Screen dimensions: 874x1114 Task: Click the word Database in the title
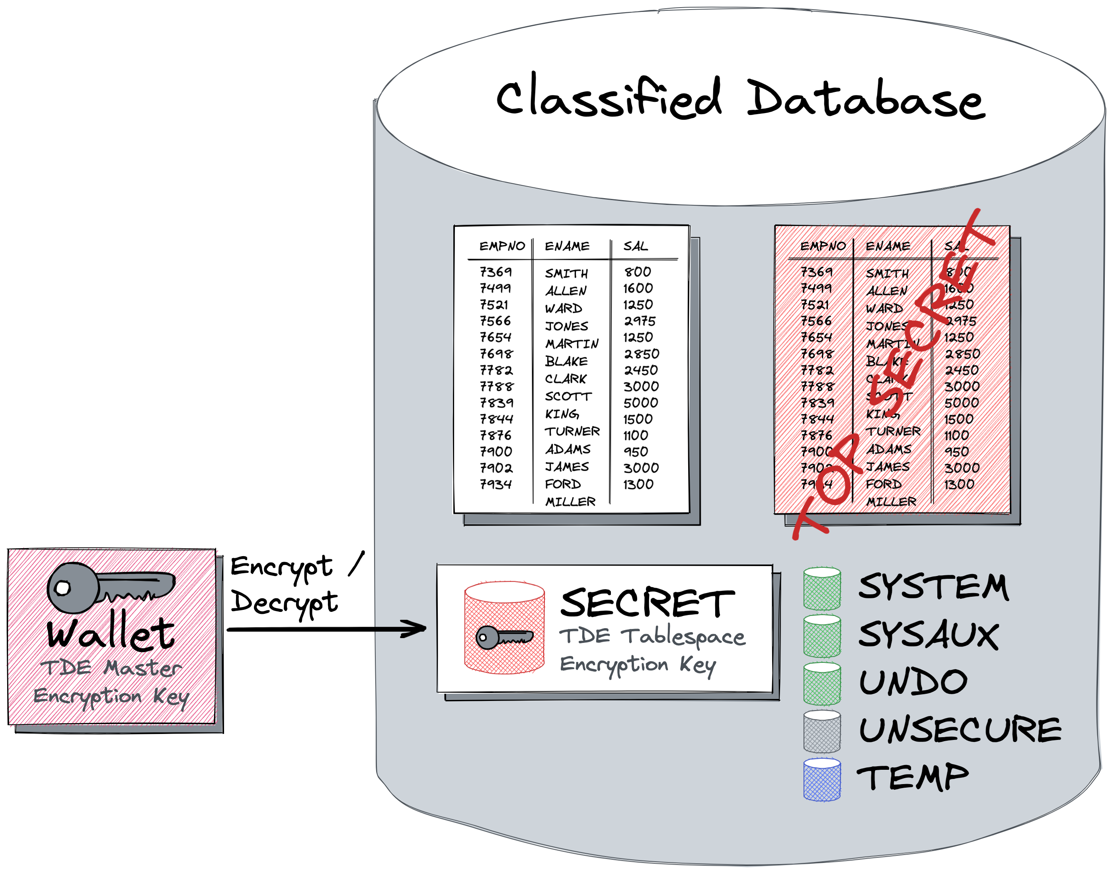[x=865, y=100]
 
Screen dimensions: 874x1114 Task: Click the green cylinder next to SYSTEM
[x=822, y=588]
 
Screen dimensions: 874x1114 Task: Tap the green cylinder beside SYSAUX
[x=822, y=636]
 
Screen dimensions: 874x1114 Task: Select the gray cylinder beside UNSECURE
[x=822, y=731]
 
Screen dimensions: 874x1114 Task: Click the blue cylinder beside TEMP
[x=822, y=779]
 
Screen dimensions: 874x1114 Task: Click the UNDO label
[x=913, y=683]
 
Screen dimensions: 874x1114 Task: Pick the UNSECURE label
[x=960, y=730]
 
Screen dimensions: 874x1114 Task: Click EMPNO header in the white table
[x=502, y=246]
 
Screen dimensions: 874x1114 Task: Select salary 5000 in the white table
[x=640, y=403]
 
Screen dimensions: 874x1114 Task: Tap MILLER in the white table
[x=570, y=502]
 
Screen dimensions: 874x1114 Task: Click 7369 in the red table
[x=816, y=272]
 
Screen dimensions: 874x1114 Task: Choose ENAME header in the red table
[x=888, y=246]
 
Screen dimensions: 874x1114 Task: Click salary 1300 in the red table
[x=959, y=484]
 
